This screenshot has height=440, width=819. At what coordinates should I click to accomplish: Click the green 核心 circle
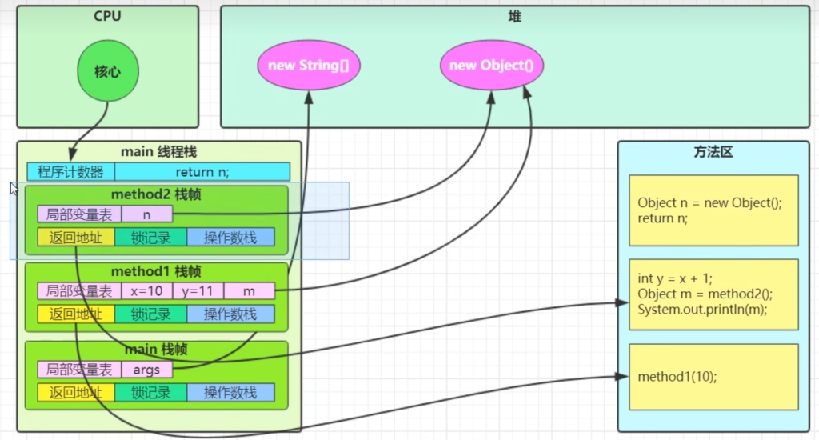pyautogui.click(x=108, y=71)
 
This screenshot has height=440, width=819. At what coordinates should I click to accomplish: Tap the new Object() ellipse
pyautogui.click(x=491, y=66)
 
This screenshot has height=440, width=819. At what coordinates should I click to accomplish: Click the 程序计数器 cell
pyautogui.click(x=71, y=172)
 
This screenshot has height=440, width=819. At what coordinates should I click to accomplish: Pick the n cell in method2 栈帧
pyautogui.click(x=147, y=214)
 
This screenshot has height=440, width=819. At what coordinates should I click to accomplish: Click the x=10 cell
pyautogui.click(x=147, y=292)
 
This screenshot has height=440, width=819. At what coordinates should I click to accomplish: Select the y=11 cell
pyautogui.click(x=198, y=292)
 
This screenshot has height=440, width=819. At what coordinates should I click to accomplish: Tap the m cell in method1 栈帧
pyautogui.click(x=250, y=292)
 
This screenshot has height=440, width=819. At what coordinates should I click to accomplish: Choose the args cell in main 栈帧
pyautogui.click(x=147, y=370)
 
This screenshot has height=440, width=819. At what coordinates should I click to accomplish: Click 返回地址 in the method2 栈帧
pyautogui.click(x=76, y=237)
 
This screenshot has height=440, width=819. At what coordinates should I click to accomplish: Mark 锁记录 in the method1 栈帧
pyautogui.click(x=150, y=314)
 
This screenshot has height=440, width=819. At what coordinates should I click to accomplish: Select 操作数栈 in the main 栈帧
pyautogui.click(x=230, y=392)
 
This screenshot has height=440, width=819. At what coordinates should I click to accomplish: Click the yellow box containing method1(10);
pyautogui.click(x=713, y=377)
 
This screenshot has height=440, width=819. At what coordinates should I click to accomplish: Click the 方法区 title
pyautogui.click(x=713, y=152)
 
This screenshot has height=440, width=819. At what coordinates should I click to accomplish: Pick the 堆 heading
pyautogui.click(x=515, y=16)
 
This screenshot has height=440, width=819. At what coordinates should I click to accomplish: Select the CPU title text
pyautogui.click(x=107, y=16)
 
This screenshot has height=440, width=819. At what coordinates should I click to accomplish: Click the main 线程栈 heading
pyautogui.click(x=158, y=152)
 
